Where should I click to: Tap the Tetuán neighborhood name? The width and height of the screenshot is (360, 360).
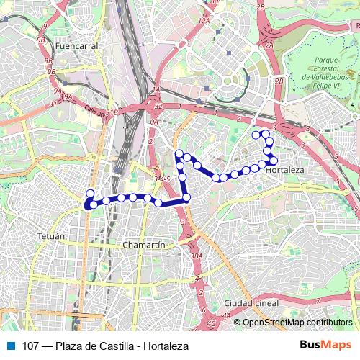coord(51,235)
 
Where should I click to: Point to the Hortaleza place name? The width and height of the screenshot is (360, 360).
coord(285,171)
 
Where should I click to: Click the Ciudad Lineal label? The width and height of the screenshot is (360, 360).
coord(251,302)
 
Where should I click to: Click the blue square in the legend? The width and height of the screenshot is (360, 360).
coord(9,346)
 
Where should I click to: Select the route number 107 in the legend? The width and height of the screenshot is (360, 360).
coord(31,346)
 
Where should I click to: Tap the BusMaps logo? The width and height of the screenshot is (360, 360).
coord(329,346)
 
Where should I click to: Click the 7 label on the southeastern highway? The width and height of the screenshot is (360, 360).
coord(356,210)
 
